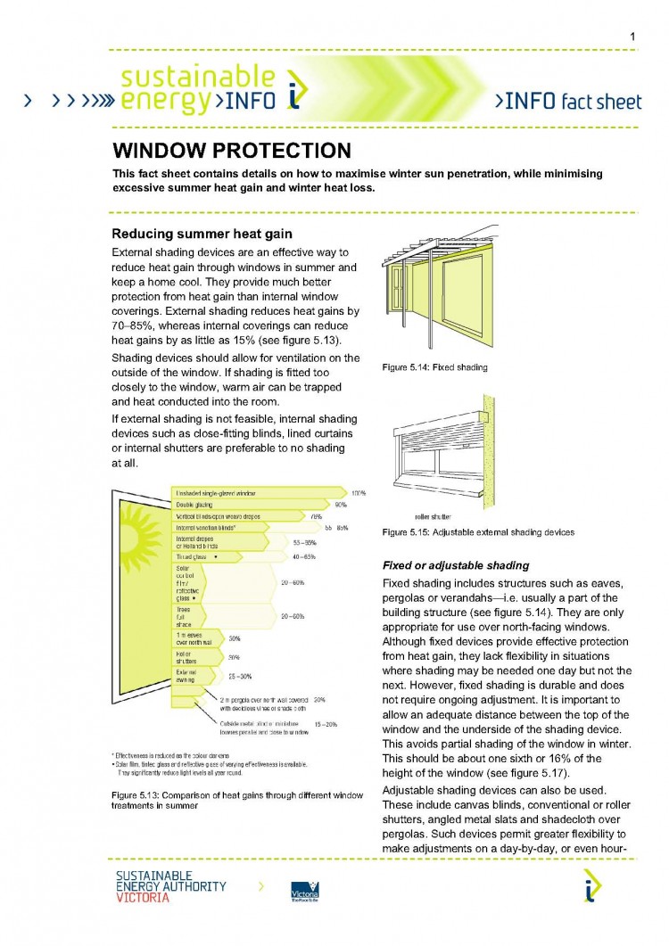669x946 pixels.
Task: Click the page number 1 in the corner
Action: click(x=632, y=37)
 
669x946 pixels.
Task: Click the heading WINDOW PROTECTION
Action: click(x=231, y=150)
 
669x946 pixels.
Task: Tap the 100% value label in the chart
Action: click(x=358, y=492)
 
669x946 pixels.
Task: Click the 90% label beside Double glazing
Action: click(x=340, y=505)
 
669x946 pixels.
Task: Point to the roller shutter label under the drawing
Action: click(x=433, y=516)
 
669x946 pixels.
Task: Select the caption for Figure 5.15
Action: click(x=477, y=532)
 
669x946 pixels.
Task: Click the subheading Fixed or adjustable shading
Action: click(x=455, y=565)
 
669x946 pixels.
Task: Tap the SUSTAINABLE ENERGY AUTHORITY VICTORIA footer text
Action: click(x=170, y=887)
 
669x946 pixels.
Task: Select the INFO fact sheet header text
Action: click(x=567, y=101)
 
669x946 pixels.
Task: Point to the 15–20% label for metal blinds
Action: click(x=326, y=724)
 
